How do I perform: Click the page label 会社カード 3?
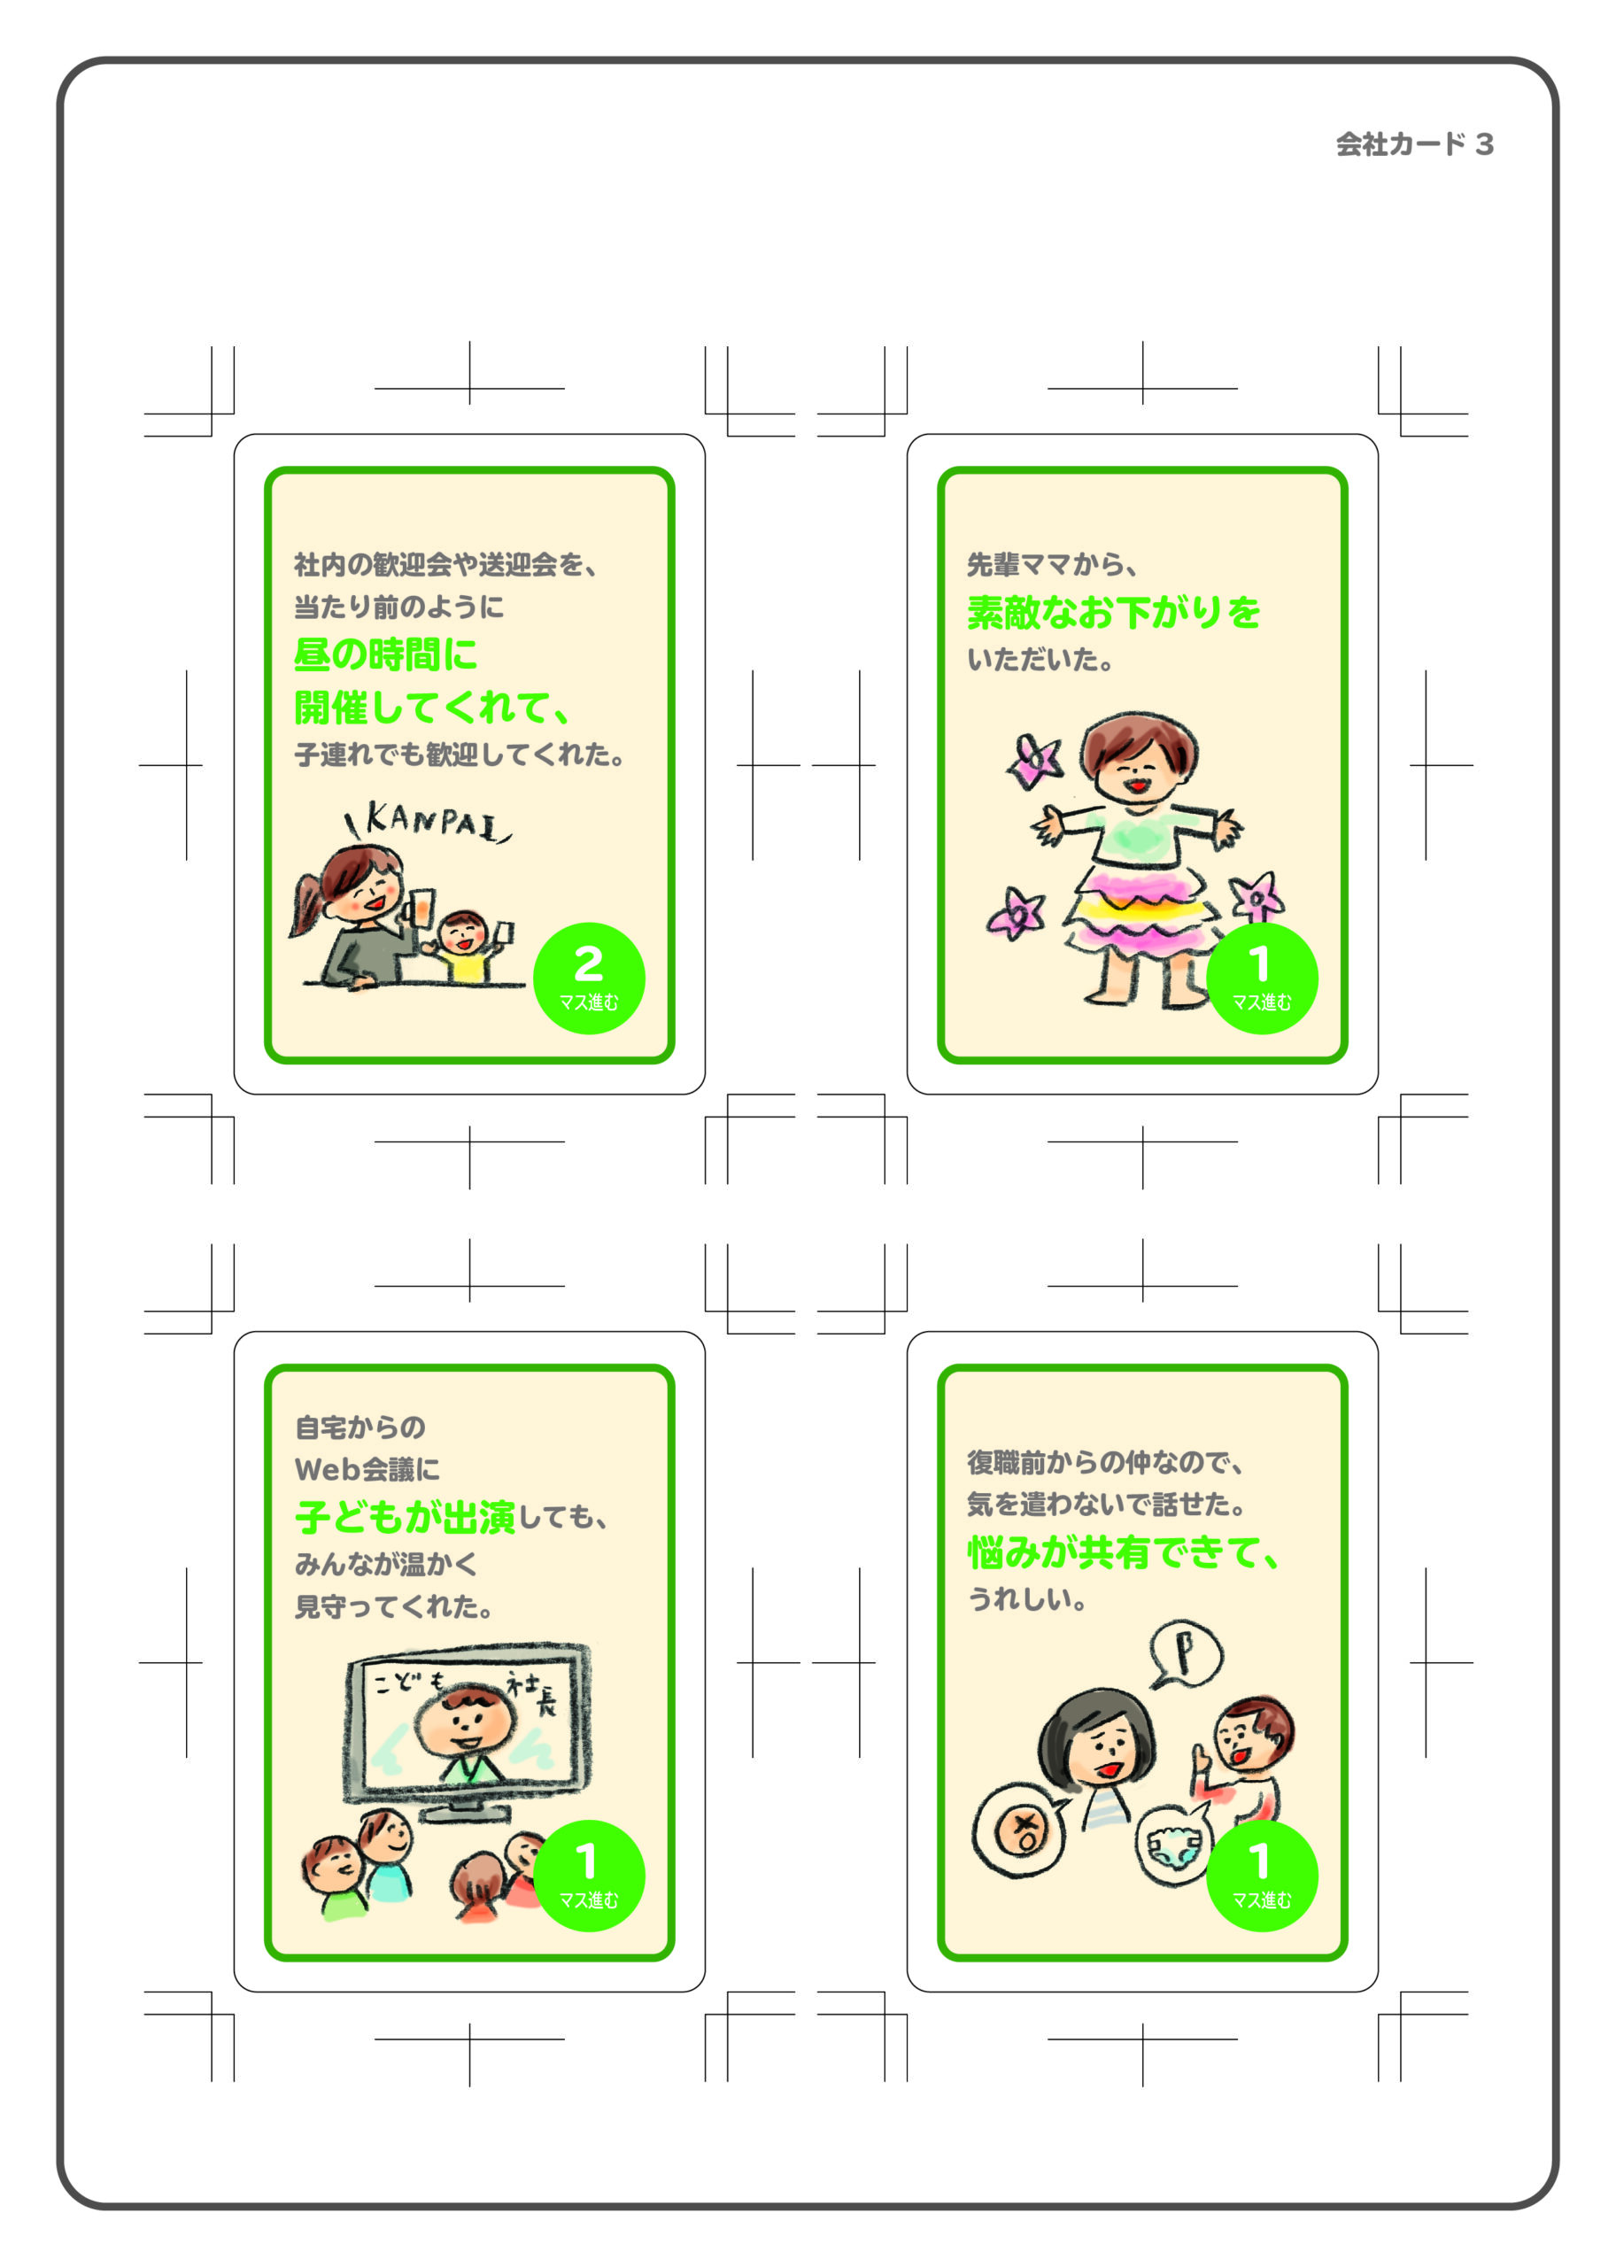pos(1414,144)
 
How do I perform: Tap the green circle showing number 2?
pos(589,979)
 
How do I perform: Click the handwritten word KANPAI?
pos(429,822)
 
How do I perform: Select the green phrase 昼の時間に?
pos(386,654)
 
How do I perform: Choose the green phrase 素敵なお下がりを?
pos(1113,612)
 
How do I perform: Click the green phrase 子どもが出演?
pos(405,1517)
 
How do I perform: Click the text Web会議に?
pos(367,1470)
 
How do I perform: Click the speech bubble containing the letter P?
pos(1187,1654)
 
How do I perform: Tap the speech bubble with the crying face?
pos(1019,1830)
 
